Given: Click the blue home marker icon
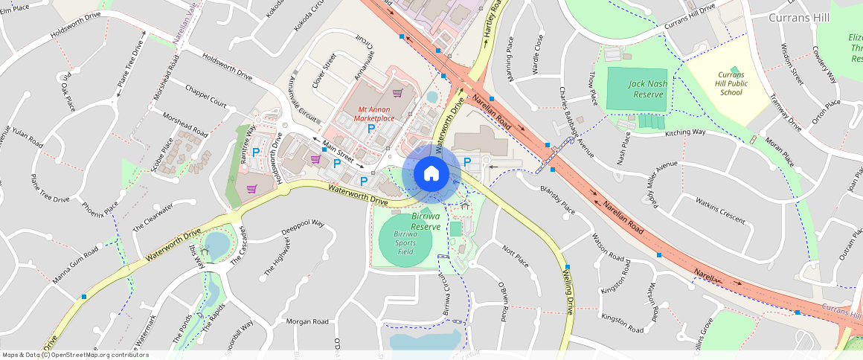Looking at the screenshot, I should [x=431, y=173].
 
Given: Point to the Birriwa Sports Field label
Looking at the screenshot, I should [x=405, y=242].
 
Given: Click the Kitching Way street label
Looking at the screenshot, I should [x=684, y=132].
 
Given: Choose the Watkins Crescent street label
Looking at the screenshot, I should [x=719, y=210].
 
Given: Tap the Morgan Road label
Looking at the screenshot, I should [x=307, y=322].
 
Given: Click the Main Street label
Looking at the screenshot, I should [x=338, y=150].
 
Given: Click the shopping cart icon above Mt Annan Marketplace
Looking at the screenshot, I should [x=398, y=93].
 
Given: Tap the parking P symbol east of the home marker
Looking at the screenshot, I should [x=467, y=162].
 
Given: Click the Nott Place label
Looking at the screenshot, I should [x=516, y=257].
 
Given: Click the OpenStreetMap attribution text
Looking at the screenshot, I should [x=76, y=355].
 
